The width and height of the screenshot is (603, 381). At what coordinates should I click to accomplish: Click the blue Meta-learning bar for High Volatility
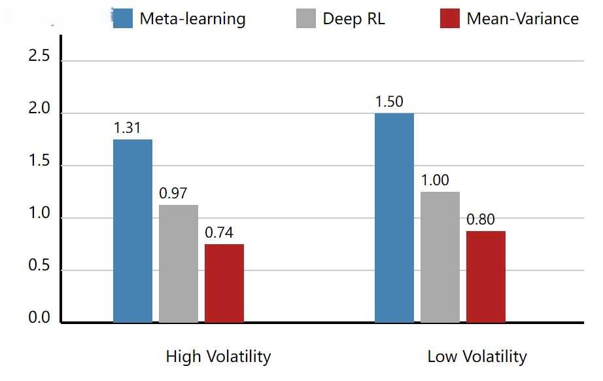133,231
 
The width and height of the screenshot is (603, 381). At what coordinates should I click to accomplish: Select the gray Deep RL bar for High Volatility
179,264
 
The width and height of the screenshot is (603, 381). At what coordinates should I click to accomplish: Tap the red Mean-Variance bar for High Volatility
224,283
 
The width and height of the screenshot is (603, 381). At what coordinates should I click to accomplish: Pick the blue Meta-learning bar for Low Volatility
394,218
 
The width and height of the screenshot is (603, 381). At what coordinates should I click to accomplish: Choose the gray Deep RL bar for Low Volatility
440,257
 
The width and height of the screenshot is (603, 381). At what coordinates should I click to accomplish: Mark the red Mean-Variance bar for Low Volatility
486,277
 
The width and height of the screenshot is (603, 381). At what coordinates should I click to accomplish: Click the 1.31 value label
128,128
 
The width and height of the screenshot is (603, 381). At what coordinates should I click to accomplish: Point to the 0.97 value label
173,194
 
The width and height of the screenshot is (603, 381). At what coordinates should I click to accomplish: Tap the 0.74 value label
219,233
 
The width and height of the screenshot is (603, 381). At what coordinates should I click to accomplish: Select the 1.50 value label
389,102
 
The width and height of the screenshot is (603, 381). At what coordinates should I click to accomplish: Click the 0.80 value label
481,220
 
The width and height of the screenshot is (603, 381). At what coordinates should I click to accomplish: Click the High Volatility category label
218,357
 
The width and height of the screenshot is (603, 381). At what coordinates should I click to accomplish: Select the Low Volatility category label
477,357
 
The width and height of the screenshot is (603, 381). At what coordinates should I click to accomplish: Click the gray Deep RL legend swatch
306,18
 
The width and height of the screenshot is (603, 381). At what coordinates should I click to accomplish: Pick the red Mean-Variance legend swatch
450,18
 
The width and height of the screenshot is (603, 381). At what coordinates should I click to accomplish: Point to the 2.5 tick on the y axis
39,57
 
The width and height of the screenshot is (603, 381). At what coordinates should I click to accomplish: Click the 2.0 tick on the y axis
39,109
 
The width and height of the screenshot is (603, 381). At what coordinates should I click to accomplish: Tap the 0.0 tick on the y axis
39,319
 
